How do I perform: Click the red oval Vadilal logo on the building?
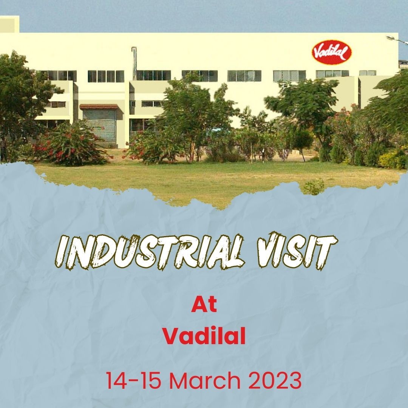click(x=332, y=52)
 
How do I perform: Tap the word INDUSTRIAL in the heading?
click(x=151, y=252)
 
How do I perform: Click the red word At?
click(x=204, y=304)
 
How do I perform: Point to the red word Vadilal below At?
click(x=204, y=336)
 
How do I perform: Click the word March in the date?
click(x=205, y=380)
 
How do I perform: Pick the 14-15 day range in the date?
click(x=133, y=380)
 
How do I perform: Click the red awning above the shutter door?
click(x=99, y=107)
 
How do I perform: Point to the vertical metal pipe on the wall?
click(x=134, y=63)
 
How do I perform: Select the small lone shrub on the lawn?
click(x=314, y=187)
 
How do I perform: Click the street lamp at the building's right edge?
click(x=397, y=40)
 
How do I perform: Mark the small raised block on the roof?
click(x=9, y=24)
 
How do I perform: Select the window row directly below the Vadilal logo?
click(x=332, y=74)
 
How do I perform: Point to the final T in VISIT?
click(x=325, y=251)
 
